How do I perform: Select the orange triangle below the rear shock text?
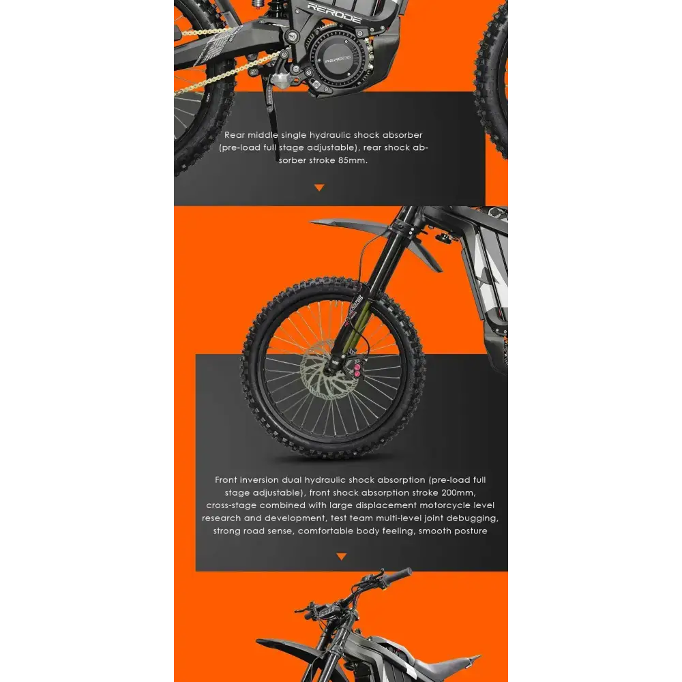[x=319, y=188]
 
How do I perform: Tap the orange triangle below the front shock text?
[x=341, y=557]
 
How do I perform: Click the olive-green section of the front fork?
[x=362, y=321]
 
